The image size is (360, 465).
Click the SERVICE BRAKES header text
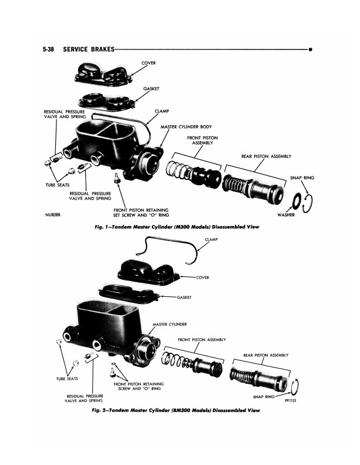(89, 51)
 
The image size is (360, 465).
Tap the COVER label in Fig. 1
(148, 63)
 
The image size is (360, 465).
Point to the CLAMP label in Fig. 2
(212, 240)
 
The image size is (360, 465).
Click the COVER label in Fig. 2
(203, 277)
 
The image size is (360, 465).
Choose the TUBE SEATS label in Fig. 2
(67, 379)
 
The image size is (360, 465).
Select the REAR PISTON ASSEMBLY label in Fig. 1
(266, 157)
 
